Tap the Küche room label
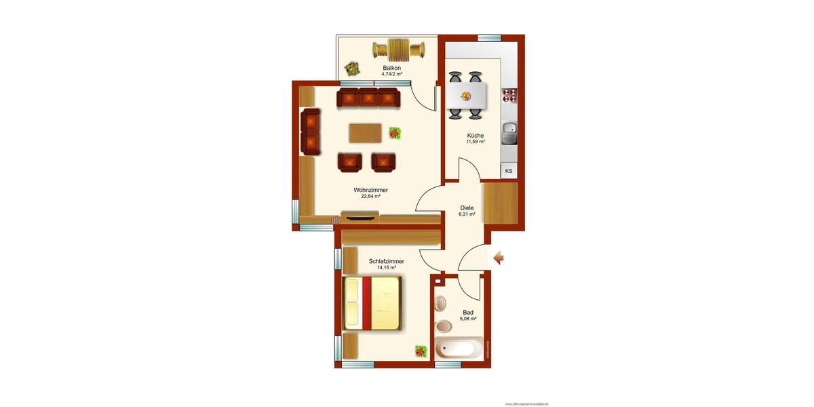pos(475,135)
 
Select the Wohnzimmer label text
pos(370,190)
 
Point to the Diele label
pos(467,208)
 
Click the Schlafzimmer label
pos(387,261)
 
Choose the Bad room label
pos(468,313)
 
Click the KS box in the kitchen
pos(509,171)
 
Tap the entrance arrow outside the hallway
pos(498,258)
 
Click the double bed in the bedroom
pos(373,303)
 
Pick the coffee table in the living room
pos(366,133)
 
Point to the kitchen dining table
pos(466,96)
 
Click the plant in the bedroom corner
pos(421,351)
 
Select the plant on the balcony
pos(351,68)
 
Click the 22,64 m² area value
pos(370,197)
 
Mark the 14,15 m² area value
pos(387,268)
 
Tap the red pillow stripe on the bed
pos(367,303)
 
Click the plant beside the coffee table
pos(395,133)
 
